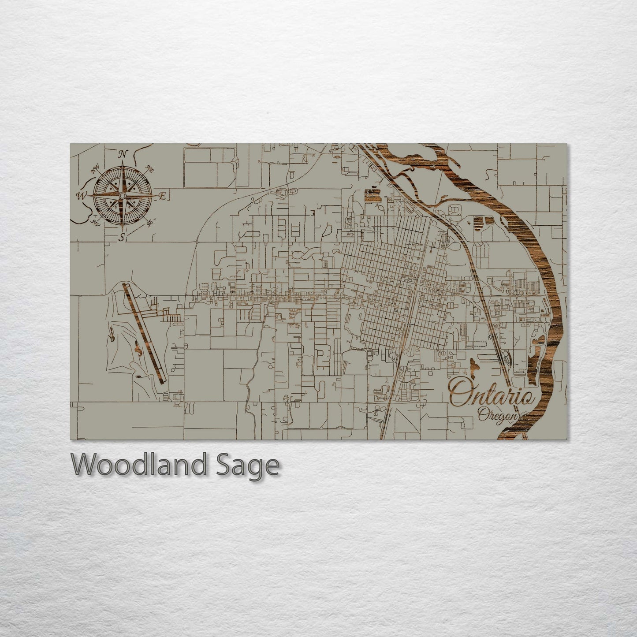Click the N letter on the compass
123,154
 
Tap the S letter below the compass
121,238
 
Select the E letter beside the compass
162,197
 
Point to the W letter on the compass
82,195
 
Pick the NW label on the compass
94,170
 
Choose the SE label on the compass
150,223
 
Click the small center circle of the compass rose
123,195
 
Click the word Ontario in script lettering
491,393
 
